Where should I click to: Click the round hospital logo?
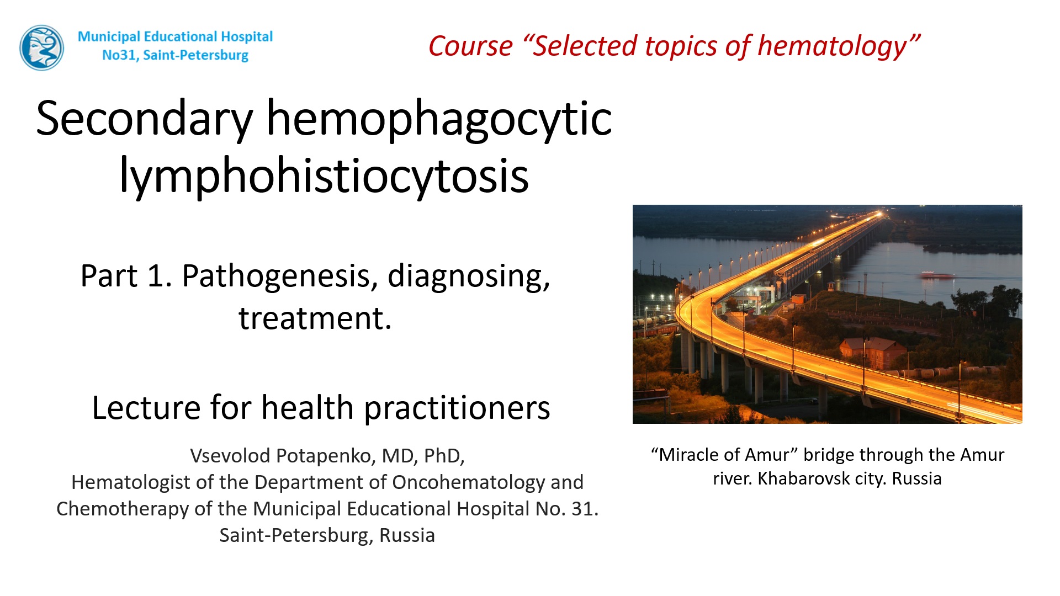(41, 47)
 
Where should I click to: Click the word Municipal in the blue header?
(109, 37)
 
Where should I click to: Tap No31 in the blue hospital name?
(120, 55)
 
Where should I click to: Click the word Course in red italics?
(470, 46)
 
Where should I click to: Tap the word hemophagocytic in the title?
(439, 120)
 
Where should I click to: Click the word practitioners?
(457, 408)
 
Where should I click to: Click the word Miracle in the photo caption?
(688, 455)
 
